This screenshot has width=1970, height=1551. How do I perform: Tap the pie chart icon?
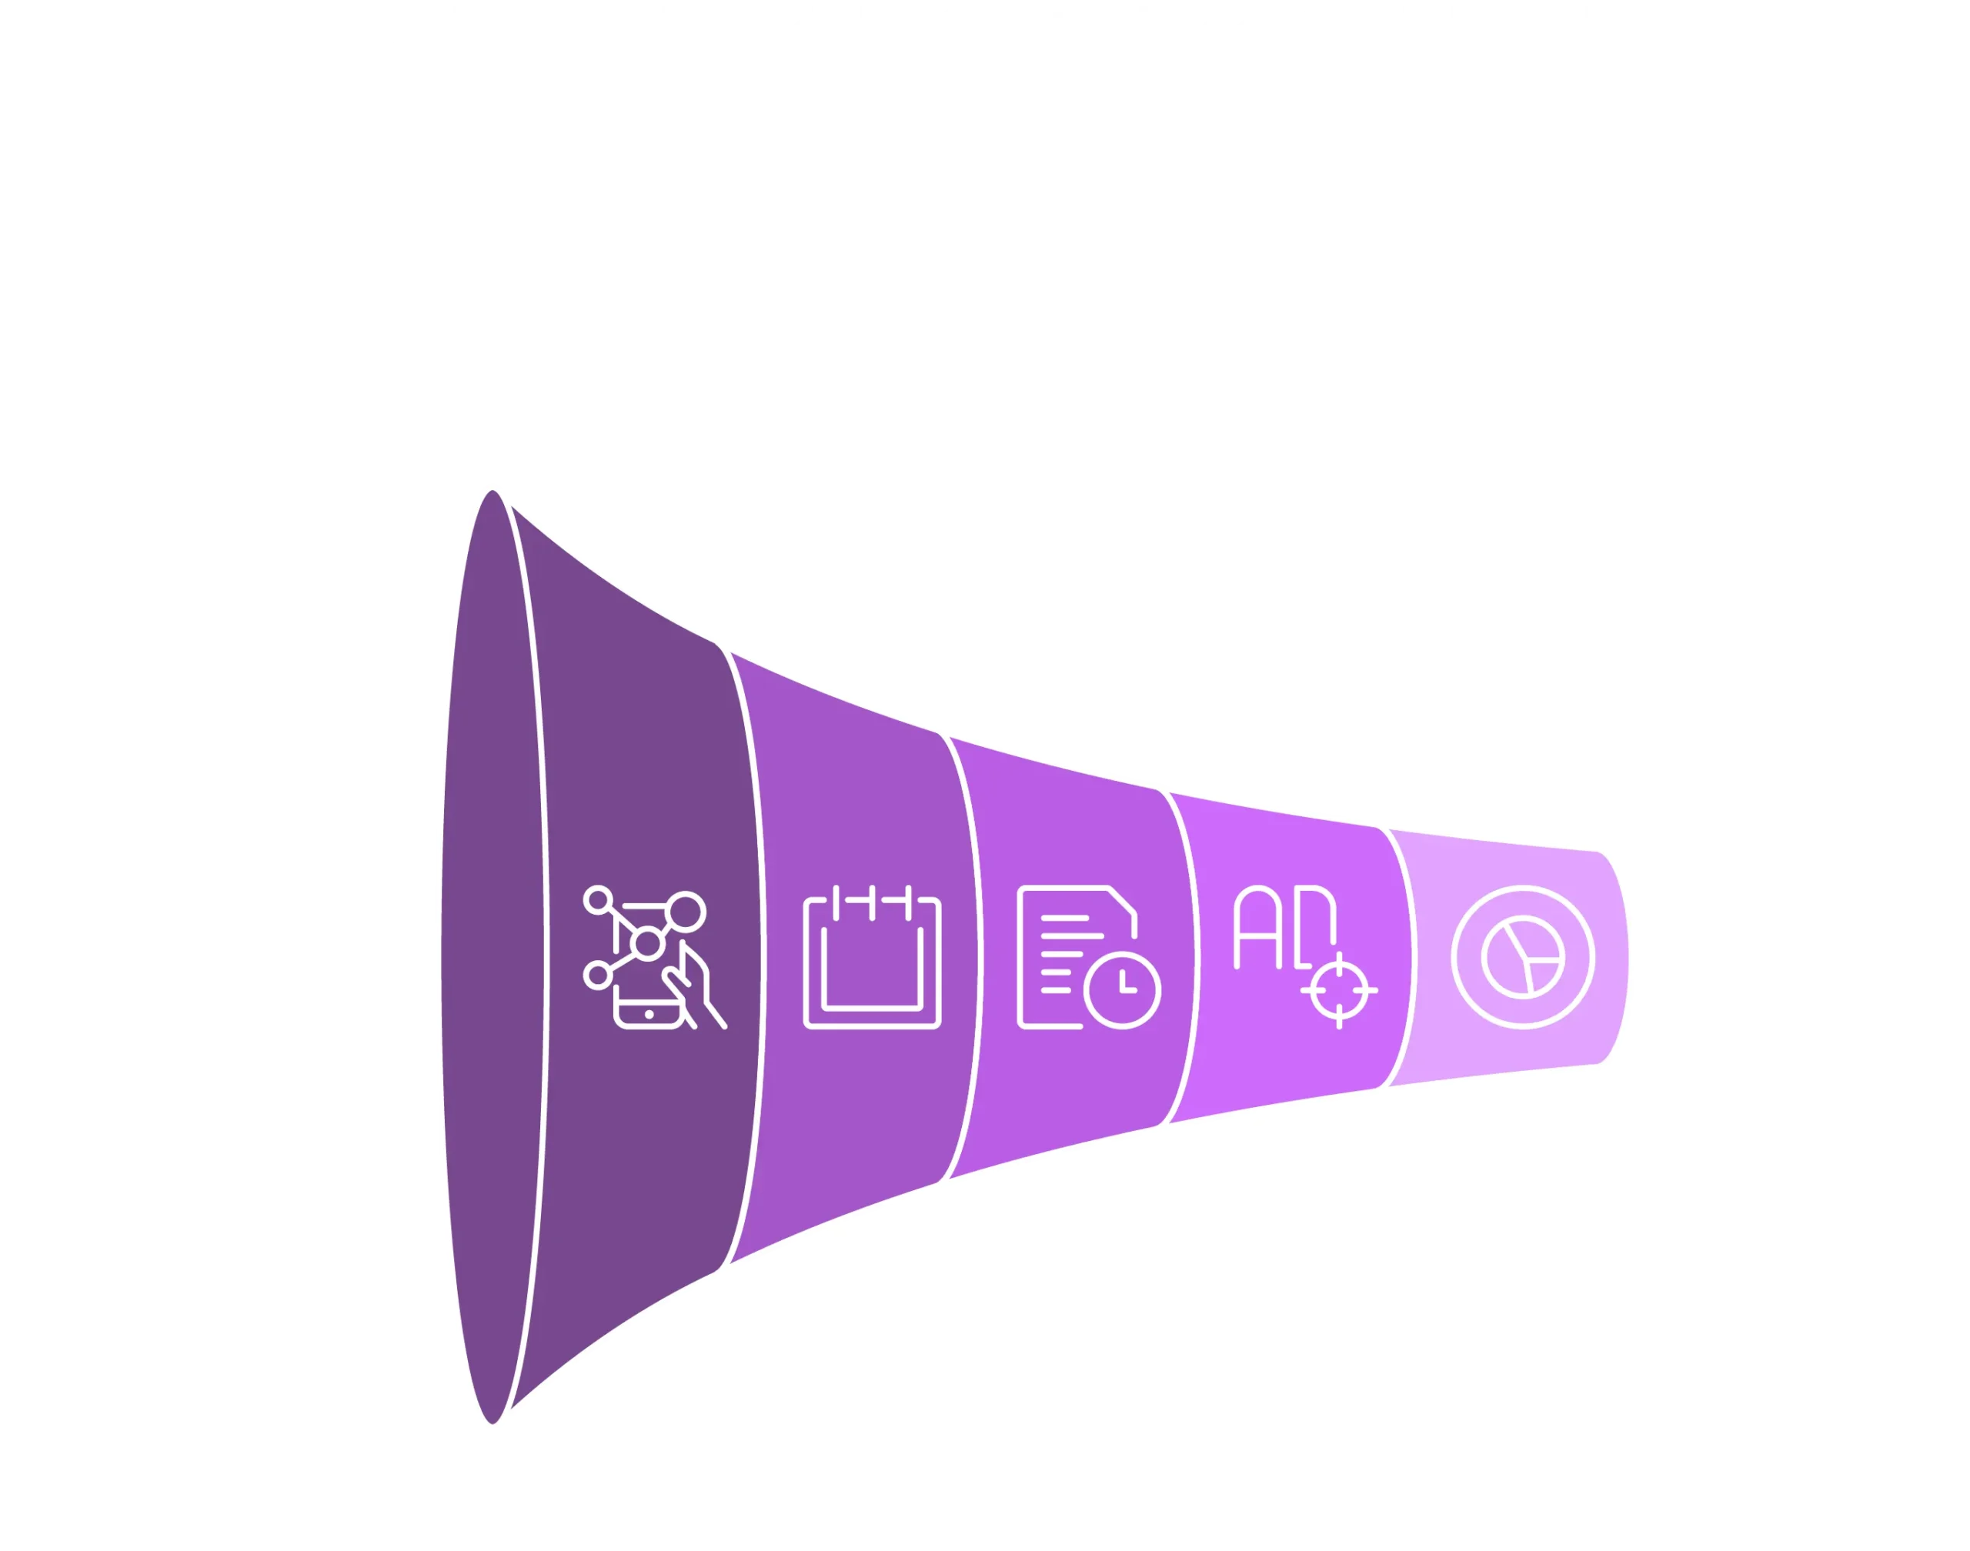click(x=1522, y=957)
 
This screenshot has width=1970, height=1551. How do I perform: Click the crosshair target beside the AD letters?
click(x=1339, y=990)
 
